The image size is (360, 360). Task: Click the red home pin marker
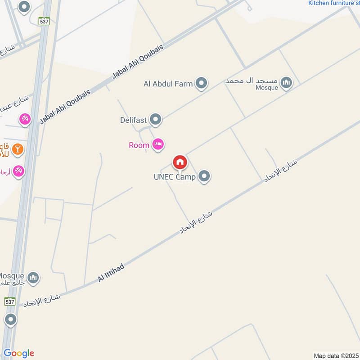coord(180,162)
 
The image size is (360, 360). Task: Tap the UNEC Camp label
coord(175,177)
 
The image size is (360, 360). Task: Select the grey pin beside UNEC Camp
coord(204,176)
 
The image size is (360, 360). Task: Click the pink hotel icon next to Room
coord(157,144)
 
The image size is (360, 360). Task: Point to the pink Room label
coord(139,145)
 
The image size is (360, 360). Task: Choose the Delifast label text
coord(134,120)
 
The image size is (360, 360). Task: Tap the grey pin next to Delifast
coord(156,120)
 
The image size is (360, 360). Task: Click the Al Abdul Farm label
coord(168,84)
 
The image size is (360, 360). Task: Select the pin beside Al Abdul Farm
coord(202,83)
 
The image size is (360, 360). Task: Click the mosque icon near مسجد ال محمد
coord(286,82)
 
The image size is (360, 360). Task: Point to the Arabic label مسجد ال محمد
coord(249,81)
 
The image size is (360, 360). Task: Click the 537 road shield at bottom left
coord(10,301)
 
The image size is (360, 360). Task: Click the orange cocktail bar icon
coord(18,148)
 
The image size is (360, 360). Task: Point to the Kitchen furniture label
coord(333,3)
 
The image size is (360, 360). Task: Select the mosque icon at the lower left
coord(32,278)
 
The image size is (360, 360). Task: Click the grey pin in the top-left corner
coord(24,7)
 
